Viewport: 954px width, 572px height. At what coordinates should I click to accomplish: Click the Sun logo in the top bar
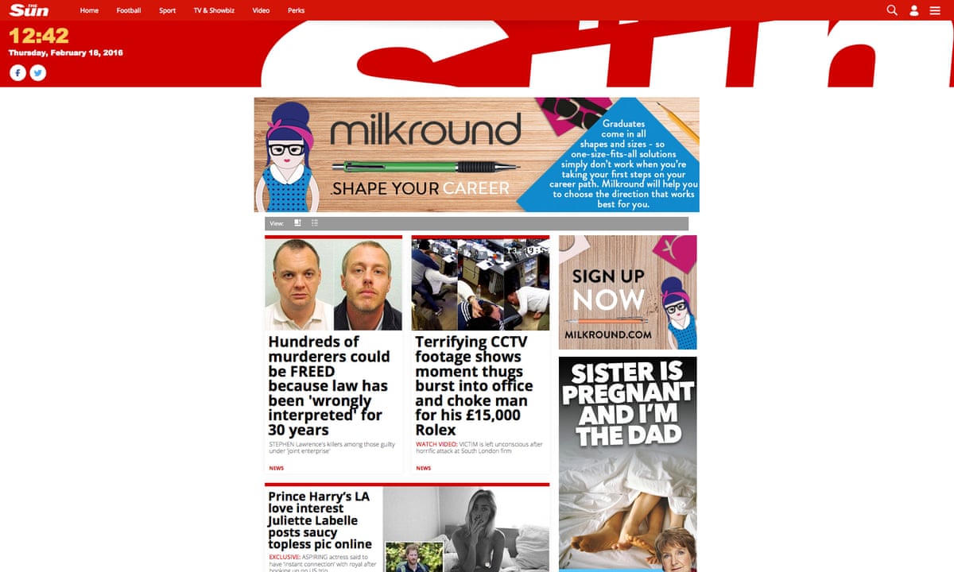point(29,10)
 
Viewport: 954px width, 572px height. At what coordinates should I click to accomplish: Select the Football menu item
point(129,11)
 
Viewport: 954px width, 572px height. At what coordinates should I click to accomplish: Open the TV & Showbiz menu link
point(213,11)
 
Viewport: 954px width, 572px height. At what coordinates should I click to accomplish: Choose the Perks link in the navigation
point(296,11)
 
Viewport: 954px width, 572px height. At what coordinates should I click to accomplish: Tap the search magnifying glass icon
point(892,10)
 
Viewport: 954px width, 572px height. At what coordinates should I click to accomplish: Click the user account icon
point(914,11)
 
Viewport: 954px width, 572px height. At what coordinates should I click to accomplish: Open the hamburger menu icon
point(935,10)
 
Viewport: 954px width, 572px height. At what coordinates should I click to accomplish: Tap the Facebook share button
point(17,72)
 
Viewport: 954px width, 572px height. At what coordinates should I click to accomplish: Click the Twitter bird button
point(37,72)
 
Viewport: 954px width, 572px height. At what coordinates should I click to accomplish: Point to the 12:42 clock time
point(38,36)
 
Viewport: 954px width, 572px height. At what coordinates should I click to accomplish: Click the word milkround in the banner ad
point(425,129)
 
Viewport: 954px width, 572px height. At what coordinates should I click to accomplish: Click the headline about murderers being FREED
point(329,385)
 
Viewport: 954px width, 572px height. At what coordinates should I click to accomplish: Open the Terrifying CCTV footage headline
point(475,385)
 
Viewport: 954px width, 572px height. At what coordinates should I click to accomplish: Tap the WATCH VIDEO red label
point(436,444)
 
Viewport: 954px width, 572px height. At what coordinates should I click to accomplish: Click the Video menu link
point(261,11)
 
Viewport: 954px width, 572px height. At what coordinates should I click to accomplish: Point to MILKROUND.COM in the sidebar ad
point(608,335)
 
